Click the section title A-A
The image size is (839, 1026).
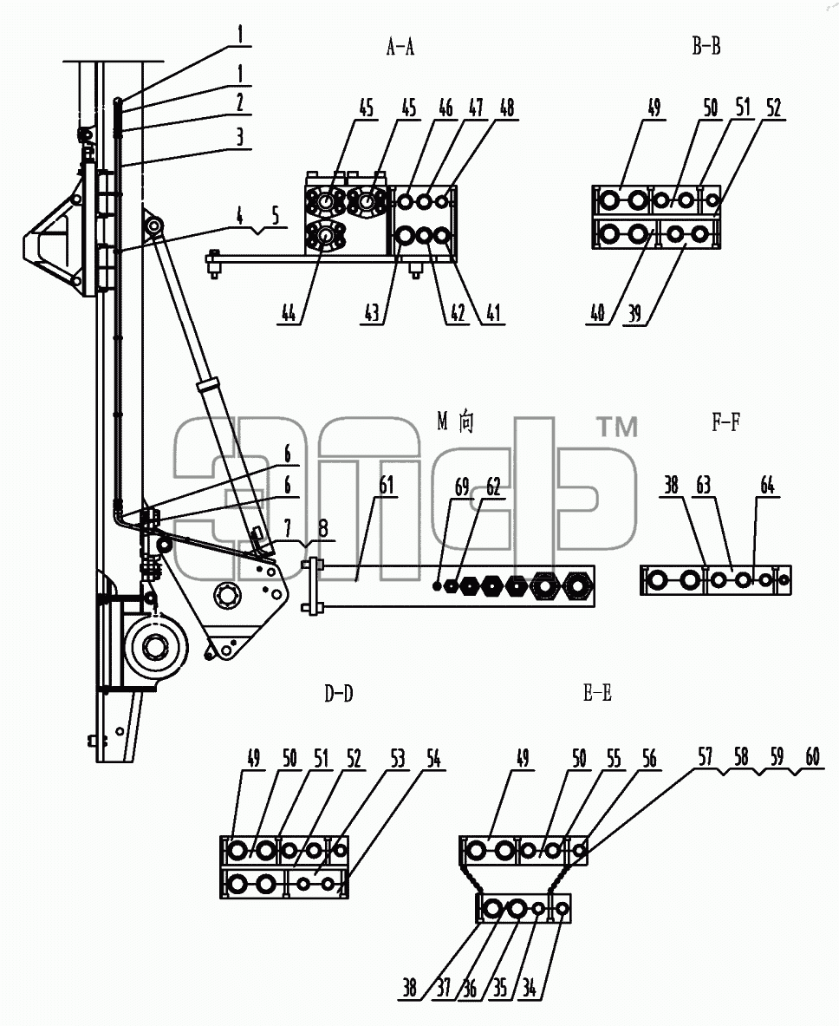[x=400, y=47]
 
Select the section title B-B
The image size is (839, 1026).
[x=706, y=46]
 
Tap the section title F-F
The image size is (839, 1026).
[x=725, y=422]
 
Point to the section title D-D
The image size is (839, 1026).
[x=339, y=694]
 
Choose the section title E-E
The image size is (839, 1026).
[x=597, y=693]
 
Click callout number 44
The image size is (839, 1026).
[x=289, y=313]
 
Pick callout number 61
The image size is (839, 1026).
[x=387, y=486]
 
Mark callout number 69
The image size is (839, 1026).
[x=462, y=487]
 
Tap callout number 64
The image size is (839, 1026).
[x=767, y=486]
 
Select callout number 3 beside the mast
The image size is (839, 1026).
[x=240, y=136]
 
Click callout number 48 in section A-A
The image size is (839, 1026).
[x=507, y=108]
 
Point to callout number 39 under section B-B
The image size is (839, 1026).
[x=634, y=313]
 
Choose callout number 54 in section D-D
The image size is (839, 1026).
[x=433, y=758]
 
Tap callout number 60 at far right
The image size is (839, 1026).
[x=812, y=757]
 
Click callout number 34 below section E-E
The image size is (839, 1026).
[x=529, y=988]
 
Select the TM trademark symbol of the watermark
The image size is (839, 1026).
[x=617, y=428]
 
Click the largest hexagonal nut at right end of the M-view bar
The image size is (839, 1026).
[x=576, y=585]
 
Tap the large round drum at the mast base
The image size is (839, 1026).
[x=156, y=648]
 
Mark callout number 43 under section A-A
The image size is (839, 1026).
[x=372, y=313]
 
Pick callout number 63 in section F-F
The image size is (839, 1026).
[x=703, y=486]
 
